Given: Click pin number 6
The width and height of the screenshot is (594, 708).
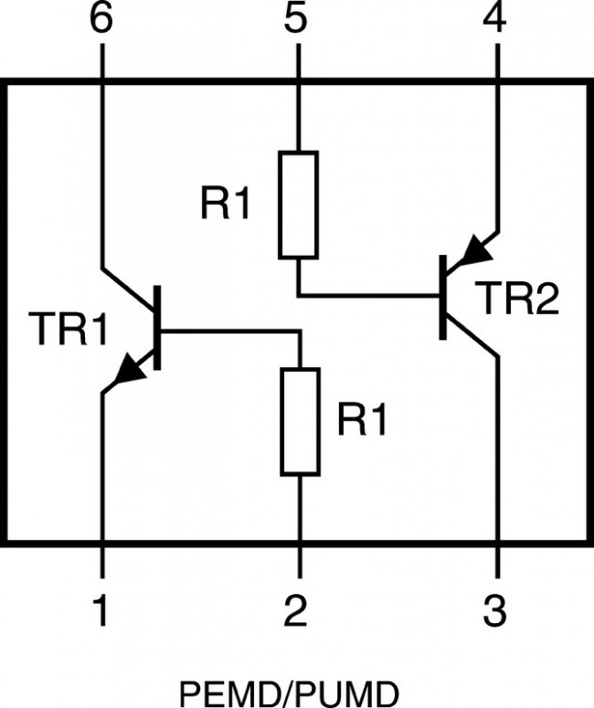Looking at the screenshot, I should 101,20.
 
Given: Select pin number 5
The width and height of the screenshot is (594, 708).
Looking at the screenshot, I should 296,20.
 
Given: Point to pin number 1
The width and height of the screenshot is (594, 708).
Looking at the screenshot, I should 101,610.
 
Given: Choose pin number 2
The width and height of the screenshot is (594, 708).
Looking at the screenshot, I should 296,610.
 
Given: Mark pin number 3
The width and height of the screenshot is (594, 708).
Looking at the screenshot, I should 494,610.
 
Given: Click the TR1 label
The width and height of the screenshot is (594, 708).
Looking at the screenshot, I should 69,330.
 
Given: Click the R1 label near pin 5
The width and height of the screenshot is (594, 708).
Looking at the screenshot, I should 226,206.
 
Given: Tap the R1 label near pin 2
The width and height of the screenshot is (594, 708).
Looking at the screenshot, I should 363,420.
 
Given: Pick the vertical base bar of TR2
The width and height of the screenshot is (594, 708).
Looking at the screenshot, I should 444,298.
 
